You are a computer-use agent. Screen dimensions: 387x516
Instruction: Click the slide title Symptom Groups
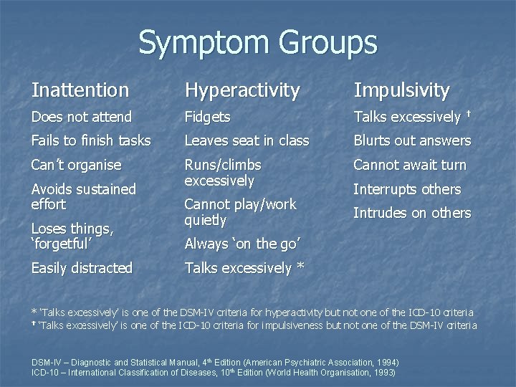(x=257, y=42)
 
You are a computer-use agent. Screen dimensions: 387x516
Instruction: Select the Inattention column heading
(x=80, y=90)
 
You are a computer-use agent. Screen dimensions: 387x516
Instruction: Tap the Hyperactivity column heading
(x=242, y=90)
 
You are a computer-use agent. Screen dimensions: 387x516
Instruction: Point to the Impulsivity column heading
(x=401, y=90)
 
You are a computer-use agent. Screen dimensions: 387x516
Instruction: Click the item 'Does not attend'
(x=82, y=117)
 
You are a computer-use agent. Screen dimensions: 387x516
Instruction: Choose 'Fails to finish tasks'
(x=91, y=140)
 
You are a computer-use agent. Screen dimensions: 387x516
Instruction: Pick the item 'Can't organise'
(x=76, y=165)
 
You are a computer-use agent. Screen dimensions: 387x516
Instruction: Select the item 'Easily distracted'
(x=82, y=268)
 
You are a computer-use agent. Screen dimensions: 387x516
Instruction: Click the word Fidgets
(x=207, y=117)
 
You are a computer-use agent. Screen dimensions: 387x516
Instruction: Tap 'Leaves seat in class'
(x=247, y=140)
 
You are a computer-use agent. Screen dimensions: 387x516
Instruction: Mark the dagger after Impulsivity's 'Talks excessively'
(x=468, y=114)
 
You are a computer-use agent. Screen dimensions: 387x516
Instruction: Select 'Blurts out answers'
(x=411, y=140)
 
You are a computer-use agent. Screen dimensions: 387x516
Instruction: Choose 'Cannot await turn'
(x=409, y=165)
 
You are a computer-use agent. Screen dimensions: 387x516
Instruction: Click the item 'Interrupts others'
(x=407, y=189)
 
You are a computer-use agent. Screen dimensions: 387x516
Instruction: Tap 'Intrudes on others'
(x=411, y=213)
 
